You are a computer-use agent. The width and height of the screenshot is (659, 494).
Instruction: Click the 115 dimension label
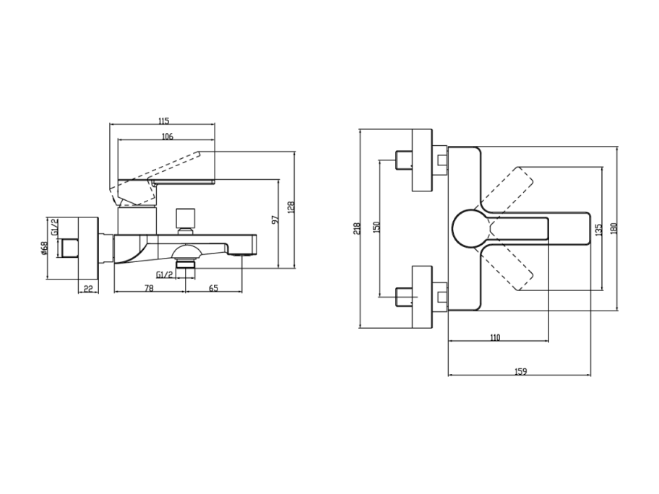[163, 121]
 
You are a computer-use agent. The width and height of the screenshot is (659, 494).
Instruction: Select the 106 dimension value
[167, 136]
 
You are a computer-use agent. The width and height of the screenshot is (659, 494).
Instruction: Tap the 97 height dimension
[275, 220]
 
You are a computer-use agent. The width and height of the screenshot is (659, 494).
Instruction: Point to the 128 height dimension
[291, 207]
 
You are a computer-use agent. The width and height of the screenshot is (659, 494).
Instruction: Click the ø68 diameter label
[44, 248]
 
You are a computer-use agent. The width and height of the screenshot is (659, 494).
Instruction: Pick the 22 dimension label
[88, 288]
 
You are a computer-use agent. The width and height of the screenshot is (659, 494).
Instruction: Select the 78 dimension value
[149, 288]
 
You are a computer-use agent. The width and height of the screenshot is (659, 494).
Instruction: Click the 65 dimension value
[213, 288]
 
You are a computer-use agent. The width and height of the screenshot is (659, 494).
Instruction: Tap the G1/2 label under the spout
[164, 274]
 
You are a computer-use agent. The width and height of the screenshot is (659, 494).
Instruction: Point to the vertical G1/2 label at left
[54, 227]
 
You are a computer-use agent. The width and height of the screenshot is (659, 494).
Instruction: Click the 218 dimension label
[357, 228]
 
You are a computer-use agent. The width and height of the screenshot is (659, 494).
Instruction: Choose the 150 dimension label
[376, 227]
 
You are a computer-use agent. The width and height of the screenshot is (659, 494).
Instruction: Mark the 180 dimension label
[613, 228]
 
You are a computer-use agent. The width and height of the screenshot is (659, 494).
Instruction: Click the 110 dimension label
[495, 337]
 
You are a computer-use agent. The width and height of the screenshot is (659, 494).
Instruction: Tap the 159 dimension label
[520, 371]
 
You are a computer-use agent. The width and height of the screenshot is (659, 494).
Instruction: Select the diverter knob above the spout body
[186, 220]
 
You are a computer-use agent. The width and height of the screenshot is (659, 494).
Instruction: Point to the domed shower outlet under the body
[186, 252]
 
